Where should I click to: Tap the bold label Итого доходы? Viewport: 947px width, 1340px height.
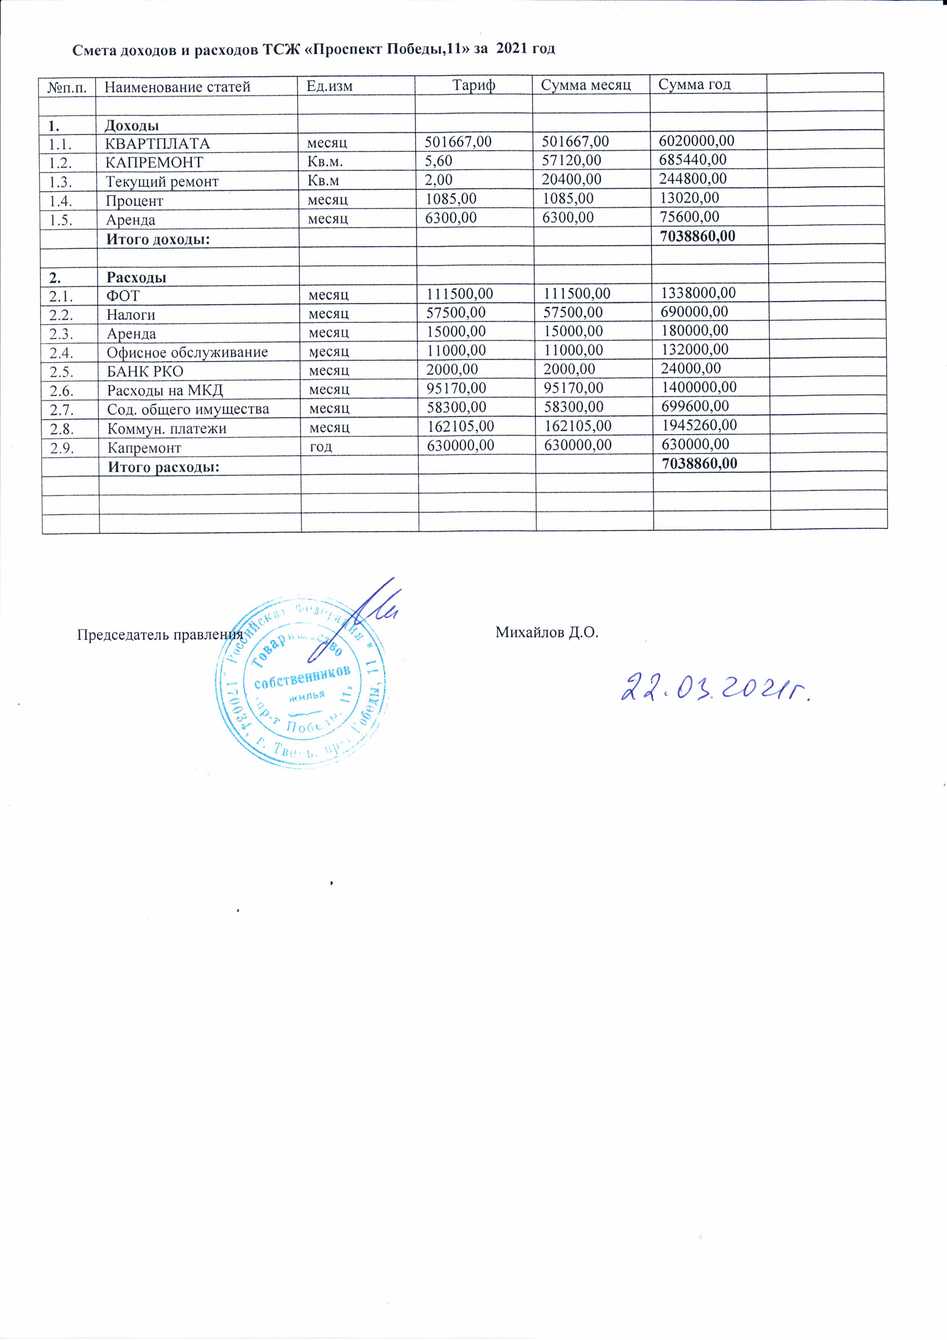click(x=158, y=239)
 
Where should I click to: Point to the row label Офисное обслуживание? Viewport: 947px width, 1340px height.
click(x=187, y=353)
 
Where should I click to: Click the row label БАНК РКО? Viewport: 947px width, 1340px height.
click(x=145, y=372)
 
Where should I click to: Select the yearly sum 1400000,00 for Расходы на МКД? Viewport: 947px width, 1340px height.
click(x=698, y=387)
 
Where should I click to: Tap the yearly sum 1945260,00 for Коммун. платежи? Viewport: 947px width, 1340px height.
click(x=699, y=424)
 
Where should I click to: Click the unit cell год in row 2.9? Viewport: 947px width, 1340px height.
click(x=320, y=447)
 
